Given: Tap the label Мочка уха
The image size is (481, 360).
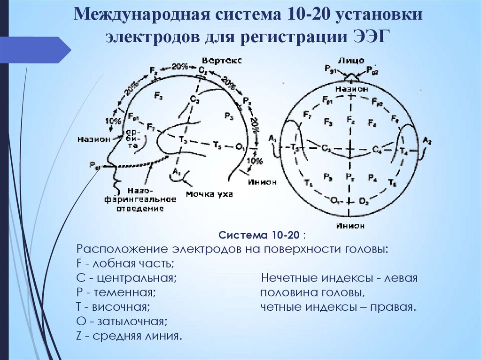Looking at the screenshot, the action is (x=209, y=194).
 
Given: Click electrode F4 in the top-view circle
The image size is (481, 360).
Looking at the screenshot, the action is (x=372, y=123).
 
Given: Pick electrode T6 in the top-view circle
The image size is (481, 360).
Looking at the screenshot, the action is (x=393, y=181).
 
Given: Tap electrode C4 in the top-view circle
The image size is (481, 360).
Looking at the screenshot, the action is (x=377, y=149).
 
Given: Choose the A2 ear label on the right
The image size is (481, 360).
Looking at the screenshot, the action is (x=427, y=140).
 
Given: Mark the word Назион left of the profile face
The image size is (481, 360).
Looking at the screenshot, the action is (x=95, y=139).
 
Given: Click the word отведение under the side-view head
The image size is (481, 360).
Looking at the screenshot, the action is (x=140, y=208).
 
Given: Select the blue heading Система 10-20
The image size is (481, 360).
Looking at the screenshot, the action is (x=260, y=235).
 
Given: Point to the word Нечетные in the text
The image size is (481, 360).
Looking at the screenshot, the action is (x=288, y=278).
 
